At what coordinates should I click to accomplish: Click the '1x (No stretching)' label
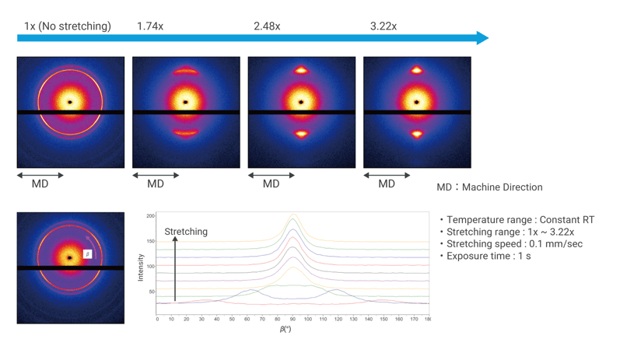pos(67,26)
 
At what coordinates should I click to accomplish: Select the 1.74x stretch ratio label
pos(150,26)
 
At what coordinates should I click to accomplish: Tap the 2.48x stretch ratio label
pos(267,26)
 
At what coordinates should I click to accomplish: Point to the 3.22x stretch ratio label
pos(384,26)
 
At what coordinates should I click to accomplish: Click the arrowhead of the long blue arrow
pos(482,37)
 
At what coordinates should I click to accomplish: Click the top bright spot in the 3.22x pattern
pos(417,71)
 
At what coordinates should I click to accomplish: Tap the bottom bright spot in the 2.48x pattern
pos(301,134)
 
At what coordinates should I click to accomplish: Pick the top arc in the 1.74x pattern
pos(186,72)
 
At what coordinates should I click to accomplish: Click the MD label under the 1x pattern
pos(40,184)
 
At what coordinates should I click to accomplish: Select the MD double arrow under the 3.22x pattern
pos(387,175)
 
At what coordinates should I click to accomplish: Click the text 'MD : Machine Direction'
pos(489,187)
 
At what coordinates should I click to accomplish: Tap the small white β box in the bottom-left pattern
pos(88,254)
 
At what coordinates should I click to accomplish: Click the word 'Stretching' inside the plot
pos(186,232)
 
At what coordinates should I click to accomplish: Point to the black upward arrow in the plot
pos(175,268)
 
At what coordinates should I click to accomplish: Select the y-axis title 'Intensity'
pos(141,267)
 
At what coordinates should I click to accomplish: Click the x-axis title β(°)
pos(285,330)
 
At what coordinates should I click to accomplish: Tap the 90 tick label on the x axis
pos(293,319)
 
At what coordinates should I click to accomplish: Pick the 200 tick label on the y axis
pos(151,215)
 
